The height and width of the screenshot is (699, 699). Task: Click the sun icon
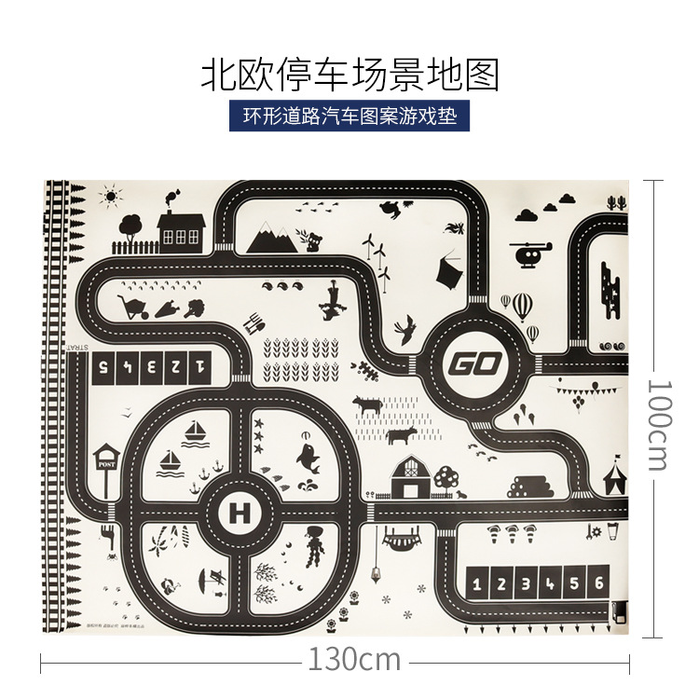tap(113, 197)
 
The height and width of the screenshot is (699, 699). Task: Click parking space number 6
tap(599, 584)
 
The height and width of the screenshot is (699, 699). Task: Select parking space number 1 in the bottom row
tap(478, 584)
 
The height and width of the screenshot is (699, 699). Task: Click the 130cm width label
tap(353, 660)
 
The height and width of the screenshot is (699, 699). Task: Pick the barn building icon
tap(410, 477)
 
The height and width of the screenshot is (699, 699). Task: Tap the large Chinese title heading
tap(350, 74)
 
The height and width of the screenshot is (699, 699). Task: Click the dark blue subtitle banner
tap(349, 118)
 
